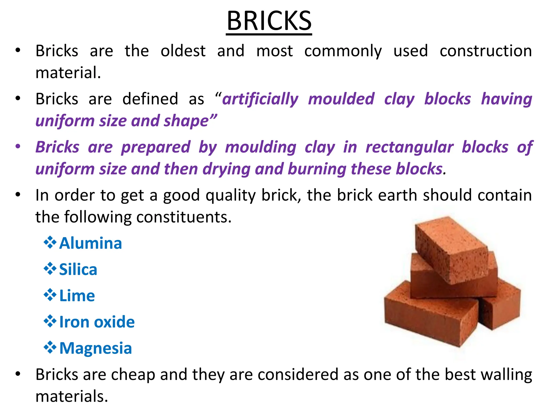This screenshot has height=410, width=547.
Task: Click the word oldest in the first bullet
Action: (x=183, y=51)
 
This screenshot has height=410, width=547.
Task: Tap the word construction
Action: (x=486, y=51)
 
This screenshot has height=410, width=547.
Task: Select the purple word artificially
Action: (x=260, y=99)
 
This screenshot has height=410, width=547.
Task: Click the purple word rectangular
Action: (x=409, y=147)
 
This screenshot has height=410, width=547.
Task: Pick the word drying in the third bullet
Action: (x=226, y=169)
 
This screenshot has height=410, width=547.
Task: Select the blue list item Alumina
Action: (x=91, y=243)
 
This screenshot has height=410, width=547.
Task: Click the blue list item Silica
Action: (x=78, y=269)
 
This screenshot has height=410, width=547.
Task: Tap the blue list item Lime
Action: (x=77, y=295)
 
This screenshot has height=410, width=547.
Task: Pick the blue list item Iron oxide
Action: (x=97, y=322)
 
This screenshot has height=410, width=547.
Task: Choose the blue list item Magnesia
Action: (x=95, y=348)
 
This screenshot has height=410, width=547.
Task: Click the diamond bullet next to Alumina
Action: (x=50, y=243)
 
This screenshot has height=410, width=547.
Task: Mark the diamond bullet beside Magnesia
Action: (x=50, y=348)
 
